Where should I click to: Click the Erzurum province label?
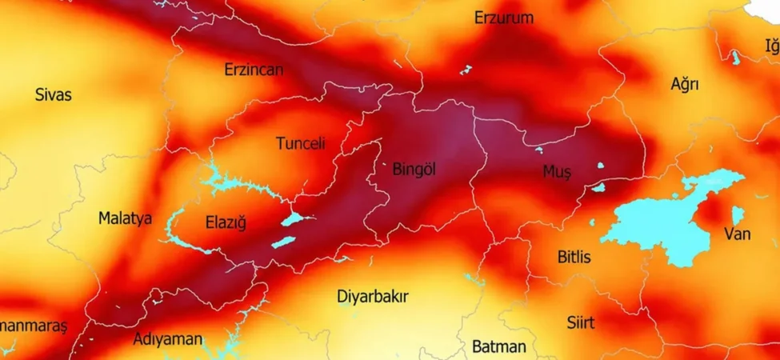point(503,18)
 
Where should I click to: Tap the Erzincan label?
point(253,70)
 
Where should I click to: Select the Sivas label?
point(53,95)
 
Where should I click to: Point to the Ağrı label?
point(685,84)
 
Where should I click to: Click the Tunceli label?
point(300,144)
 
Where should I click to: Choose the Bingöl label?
point(414,170)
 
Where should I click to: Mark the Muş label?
point(557,172)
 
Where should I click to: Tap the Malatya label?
point(125,218)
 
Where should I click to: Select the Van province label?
point(737,234)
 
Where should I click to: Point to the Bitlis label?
point(574,257)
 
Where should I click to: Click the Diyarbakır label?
point(372,297)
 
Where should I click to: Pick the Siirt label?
point(580,322)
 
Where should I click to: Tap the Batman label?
point(498,346)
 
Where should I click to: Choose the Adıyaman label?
point(167,339)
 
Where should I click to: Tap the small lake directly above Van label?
point(737,214)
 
